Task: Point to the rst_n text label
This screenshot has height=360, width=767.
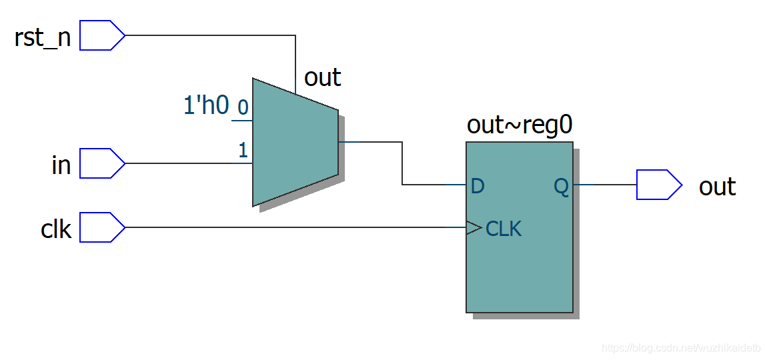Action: [43, 37]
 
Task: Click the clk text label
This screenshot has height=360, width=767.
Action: [56, 229]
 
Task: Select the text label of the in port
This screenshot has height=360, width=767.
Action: [61, 165]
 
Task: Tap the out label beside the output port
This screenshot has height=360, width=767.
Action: [717, 187]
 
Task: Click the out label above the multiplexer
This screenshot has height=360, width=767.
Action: [322, 77]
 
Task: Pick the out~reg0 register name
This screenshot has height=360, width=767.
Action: [520, 125]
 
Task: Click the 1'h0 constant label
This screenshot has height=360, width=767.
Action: [206, 105]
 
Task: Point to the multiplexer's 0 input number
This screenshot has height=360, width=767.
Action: [243, 107]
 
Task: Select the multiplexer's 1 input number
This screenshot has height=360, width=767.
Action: [243, 151]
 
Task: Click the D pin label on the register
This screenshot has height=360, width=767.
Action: [478, 186]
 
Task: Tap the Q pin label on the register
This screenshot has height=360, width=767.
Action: [562, 187]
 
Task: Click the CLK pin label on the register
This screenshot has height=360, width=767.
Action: [504, 229]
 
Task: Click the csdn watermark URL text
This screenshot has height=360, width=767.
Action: [680, 348]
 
